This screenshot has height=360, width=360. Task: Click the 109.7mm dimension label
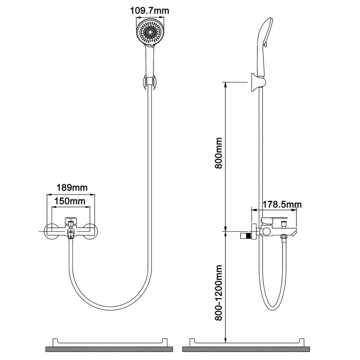[x=150, y=11]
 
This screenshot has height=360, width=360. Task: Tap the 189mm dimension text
[x=72, y=188]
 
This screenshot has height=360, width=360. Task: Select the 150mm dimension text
[x=70, y=201]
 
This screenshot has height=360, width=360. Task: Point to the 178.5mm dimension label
[x=282, y=204]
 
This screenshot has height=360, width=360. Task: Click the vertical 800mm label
[x=219, y=153]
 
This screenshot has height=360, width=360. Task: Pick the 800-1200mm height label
[x=219, y=293]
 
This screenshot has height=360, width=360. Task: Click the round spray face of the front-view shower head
[x=150, y=32]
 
